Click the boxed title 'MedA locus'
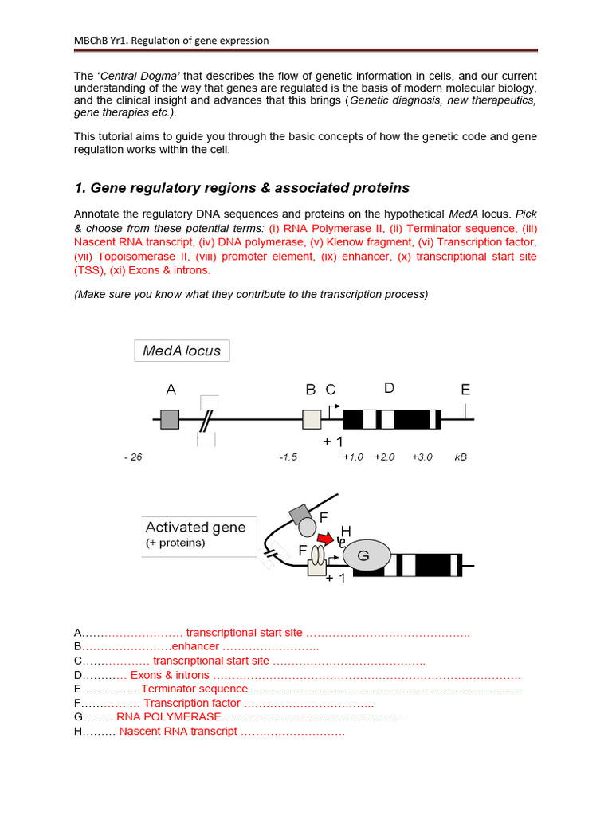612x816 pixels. tap(182, 351)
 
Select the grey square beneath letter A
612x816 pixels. tap(170, 419)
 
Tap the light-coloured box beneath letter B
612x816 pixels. tap(312, 419)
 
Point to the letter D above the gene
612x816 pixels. tap(389, 388)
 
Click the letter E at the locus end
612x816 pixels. tap(465, 390)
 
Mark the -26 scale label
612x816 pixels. tap(133, 457)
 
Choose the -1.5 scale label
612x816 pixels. tap(288, 457)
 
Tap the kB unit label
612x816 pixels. tap(461, 457)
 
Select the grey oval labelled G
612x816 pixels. tap(367, 556)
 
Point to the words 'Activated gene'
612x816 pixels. tap(195, 528)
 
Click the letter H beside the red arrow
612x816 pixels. tap(345, 532)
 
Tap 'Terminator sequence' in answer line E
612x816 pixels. tap(194, 688)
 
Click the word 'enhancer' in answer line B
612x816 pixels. tap(195, 646)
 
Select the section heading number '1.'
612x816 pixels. tap(80, 188)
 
